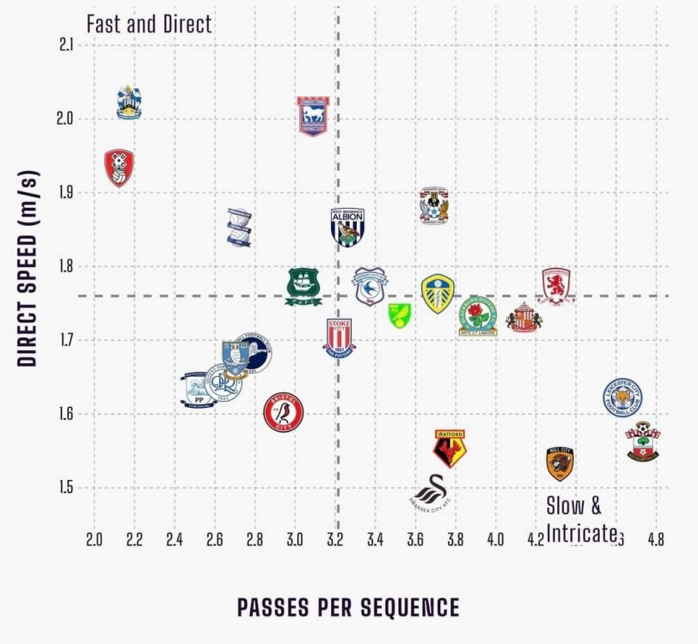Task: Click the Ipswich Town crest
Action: click(313, 115)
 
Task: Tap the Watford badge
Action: click(450, 447)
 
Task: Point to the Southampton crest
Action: click(642, 441)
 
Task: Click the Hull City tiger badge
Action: click(560, 464)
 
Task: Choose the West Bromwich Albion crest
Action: click(349, 227)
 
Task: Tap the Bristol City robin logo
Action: click(283, 412)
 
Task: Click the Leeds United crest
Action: click(438, 294)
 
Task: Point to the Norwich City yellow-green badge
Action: click(398, 315)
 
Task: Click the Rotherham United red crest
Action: click(119, 167)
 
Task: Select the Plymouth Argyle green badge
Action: click(303, 287)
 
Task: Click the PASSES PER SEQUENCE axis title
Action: click(348, 607)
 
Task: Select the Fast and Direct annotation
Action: click(150, 24)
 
